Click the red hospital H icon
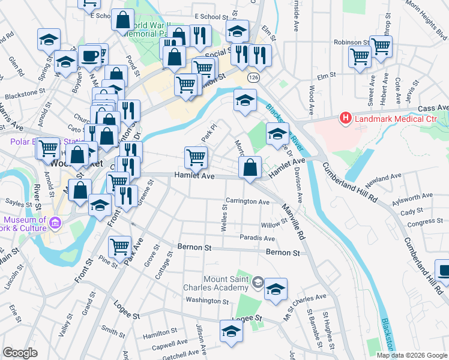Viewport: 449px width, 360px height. tap(345, 119)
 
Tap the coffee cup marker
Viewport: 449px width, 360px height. tap(89, 56)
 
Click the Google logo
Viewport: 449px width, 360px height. tap(20, 353)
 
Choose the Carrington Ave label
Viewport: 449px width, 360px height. tap(247, 202)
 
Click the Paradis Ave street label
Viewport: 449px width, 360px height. tap(257, 238)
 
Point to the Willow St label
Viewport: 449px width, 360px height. tap(274, 226)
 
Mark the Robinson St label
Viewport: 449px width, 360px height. tap(352, 43)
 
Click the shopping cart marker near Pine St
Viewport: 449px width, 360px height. tap(120, 246)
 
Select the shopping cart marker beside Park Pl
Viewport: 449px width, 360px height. tap(196, 157)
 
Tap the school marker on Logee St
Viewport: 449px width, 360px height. tap(231, 331)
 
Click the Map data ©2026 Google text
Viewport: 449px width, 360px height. tap(412, 355)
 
